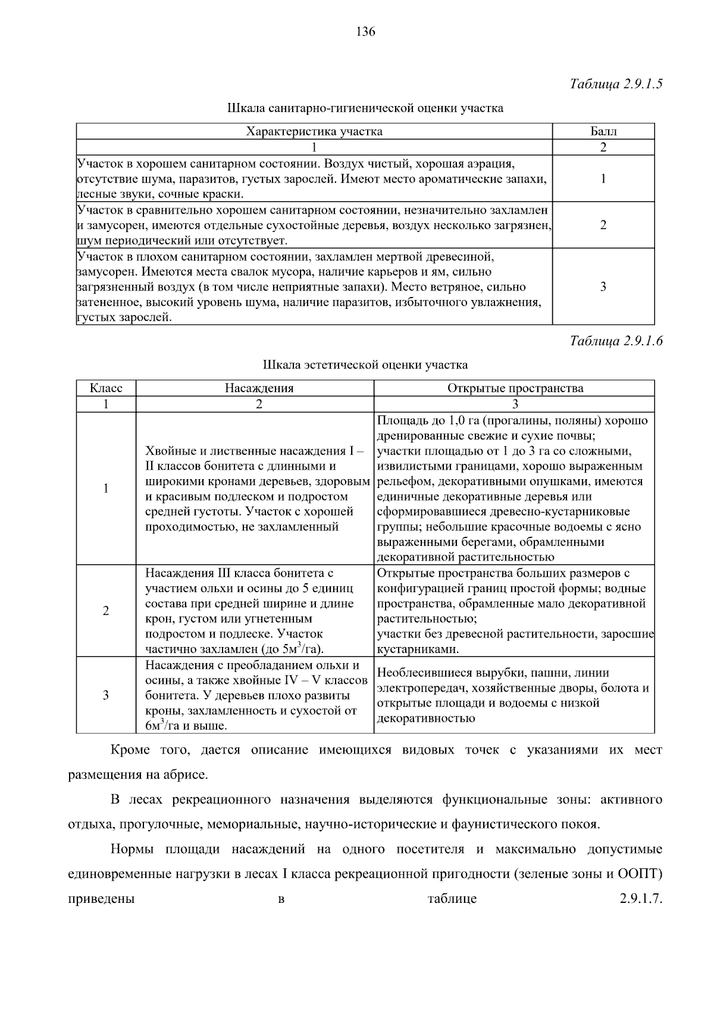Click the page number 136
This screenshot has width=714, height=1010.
click(365, 32)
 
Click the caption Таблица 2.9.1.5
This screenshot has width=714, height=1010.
click(616, 83)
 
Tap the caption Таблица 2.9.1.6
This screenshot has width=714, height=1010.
click(616, 341)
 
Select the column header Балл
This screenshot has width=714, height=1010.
click(603, 132)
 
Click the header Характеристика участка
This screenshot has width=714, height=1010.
click(314, 132)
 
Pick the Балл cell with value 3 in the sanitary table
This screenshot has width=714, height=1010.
click(603, 287)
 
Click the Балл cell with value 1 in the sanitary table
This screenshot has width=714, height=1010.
click(603, 179)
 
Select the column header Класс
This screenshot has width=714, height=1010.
click(106, 388)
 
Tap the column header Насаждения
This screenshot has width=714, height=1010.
click(259, 388)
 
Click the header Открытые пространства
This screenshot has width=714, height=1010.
click(515, 388)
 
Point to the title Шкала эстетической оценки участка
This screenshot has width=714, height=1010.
click(365, 365)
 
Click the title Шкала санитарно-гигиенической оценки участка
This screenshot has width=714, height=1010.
click(365, 108)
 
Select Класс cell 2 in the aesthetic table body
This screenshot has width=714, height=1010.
click(106, 611)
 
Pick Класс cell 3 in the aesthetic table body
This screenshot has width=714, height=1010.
click(106, 695)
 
